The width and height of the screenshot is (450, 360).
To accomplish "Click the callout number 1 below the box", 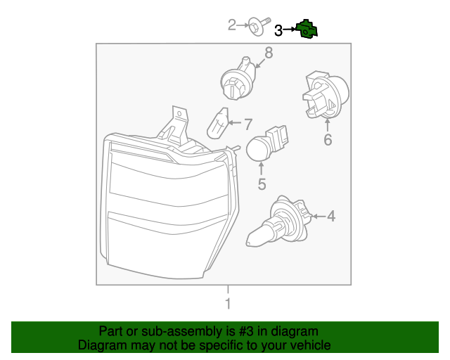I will tap(227, 304).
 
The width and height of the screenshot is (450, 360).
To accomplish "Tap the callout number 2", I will tap(233, 26).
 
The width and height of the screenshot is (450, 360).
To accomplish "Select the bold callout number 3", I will tap(278, 30).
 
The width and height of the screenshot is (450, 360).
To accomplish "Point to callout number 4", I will tap(330, 217).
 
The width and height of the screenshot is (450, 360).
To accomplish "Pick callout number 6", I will tap(328, 140).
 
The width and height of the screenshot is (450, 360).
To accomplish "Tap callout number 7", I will tap(247, 124).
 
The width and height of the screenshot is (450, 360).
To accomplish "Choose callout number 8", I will tap(268, 53).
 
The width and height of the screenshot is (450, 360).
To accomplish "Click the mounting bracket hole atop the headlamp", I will tap(179, 112).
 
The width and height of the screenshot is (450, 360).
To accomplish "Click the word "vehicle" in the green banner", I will tap(305, 345).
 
